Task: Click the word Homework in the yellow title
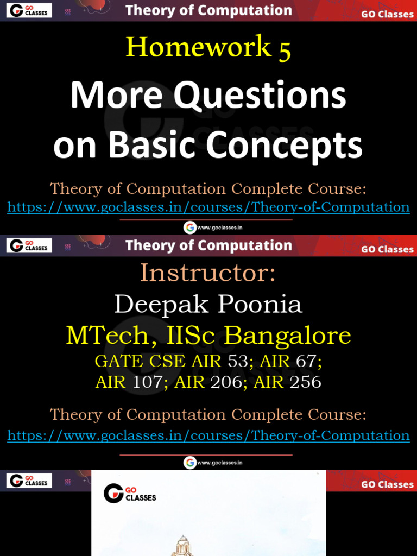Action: coord(199,47)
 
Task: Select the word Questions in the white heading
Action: coord(260,96)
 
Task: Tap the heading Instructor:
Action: coord(208,273)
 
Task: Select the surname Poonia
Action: coord(260,304)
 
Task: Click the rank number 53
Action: coord(238,361)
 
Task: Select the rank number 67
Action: coord(306,361)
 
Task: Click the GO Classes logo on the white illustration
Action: coord(130,493)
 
